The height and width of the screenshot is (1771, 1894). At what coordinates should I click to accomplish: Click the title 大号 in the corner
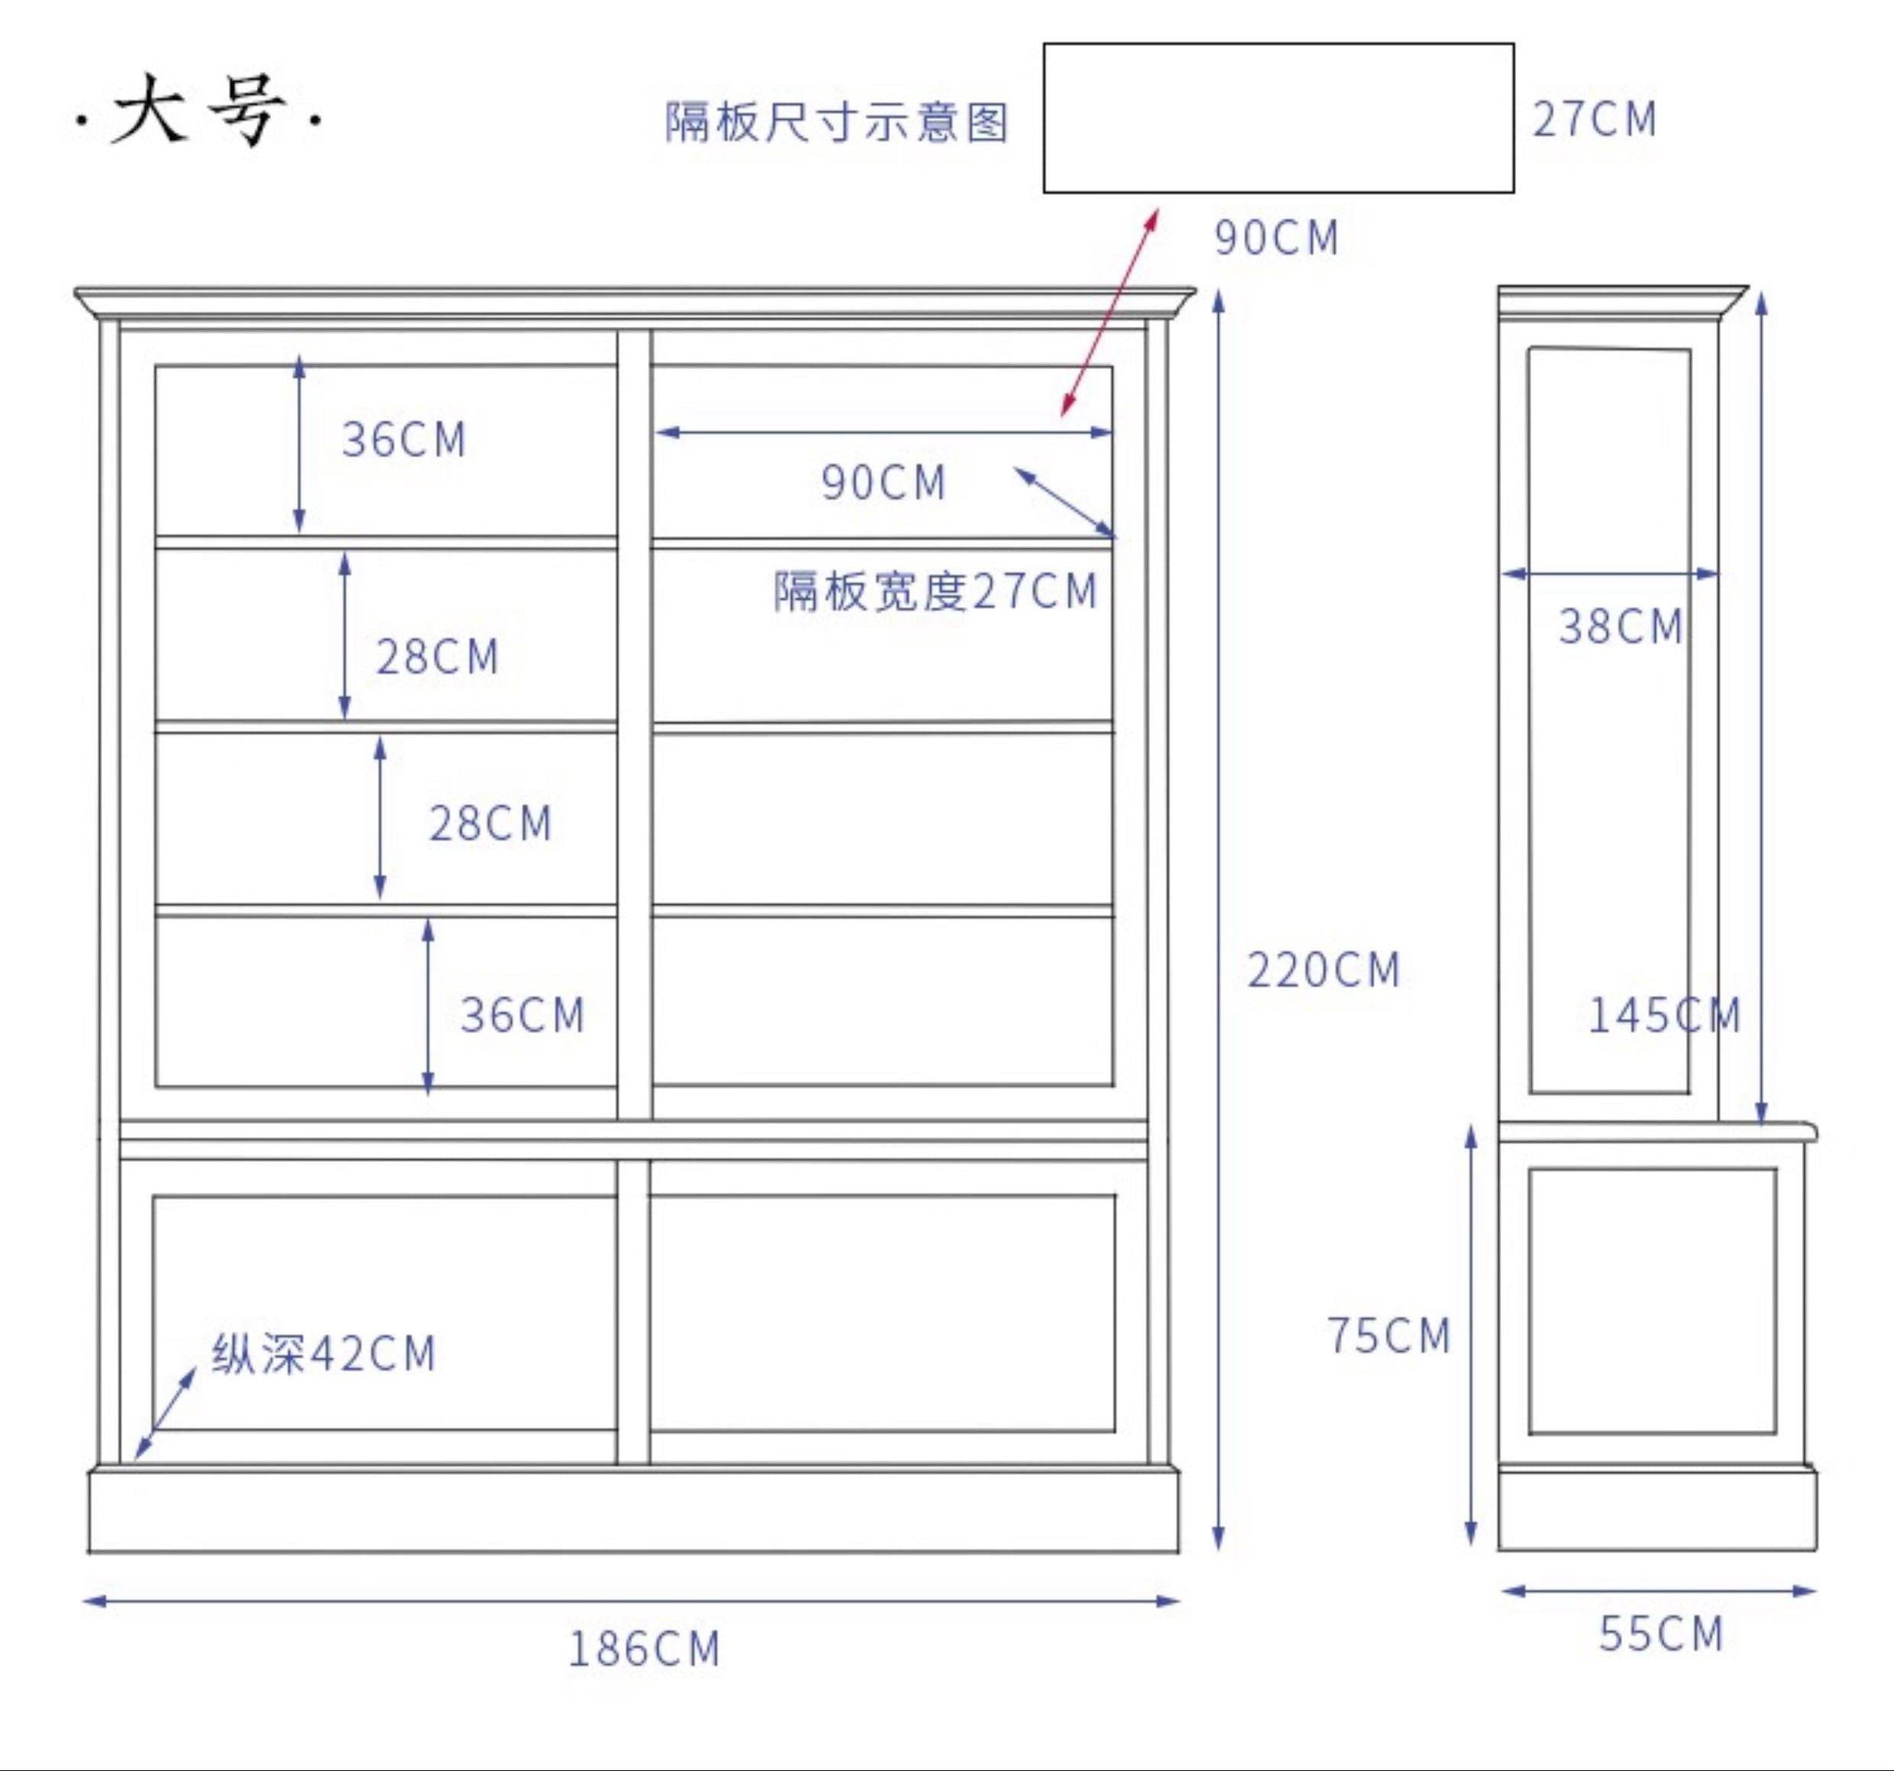pyautogui.click(x=198, y=111)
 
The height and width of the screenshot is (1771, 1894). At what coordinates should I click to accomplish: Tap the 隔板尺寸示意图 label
pyautogui.click(x=836, y=123)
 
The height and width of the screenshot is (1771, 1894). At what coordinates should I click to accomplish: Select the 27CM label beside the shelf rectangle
pyautogui.click(x=1595, y=120)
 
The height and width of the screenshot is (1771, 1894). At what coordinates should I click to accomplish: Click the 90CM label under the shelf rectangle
pyautogui.click(x=1277, y=238)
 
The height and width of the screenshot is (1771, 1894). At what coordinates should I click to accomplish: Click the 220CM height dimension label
pyautogui.click(x=1324, y=971)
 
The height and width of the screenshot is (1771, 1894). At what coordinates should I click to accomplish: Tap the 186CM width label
pyautogui.click(x=644, y=1649)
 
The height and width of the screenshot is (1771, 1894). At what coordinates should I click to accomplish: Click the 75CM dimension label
pyautogui.click(x=1389, y=1336)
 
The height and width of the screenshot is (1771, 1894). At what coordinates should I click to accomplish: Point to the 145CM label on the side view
pyautogui.click(x=1663, y=1016)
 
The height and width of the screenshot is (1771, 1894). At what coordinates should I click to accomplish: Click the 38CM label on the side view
pyautogui.click(x=1621, y=627)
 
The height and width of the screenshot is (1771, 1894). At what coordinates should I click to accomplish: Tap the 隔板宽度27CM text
pyautogui.click(x=936, y=592)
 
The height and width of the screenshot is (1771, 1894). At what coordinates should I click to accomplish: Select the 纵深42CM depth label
pyautogui.click(x=324, y=1354)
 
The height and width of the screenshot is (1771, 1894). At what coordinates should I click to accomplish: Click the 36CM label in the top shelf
pyautogui.click(x=404, y=440)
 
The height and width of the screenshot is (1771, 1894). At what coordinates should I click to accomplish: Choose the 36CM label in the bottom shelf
pyautogui.click(x=522, y=1016)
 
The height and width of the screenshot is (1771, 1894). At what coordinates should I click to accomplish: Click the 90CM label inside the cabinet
pyautogui.click(x=883, y=483)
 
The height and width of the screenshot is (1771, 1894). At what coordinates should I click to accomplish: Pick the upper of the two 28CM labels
pyautogui.click(x=438, y=658)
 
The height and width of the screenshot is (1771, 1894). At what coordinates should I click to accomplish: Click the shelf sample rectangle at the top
pyautogui.click(x=1278, y=118)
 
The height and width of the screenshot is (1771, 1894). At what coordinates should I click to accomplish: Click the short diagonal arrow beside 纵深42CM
pyautogui.click(x=165, y=1414)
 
